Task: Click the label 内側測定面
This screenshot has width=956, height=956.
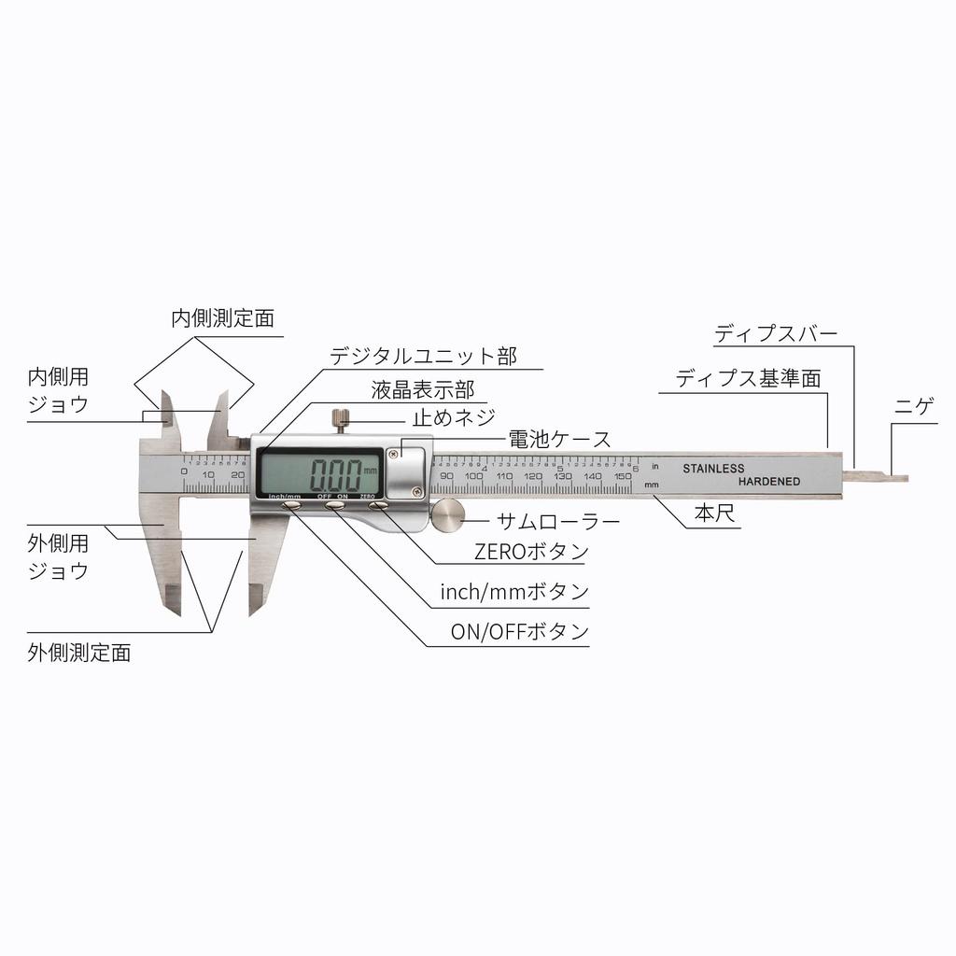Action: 222,318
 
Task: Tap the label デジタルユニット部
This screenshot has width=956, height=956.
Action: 423,356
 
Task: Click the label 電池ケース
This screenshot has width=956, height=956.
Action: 558,439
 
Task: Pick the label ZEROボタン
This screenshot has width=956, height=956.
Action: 531,552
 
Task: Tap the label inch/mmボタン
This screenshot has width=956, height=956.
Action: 514,592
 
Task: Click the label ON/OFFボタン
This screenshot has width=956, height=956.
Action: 520,632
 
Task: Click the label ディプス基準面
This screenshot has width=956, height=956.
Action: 748,379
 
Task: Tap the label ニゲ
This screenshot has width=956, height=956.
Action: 914,408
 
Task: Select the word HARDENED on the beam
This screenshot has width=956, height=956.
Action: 768,482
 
